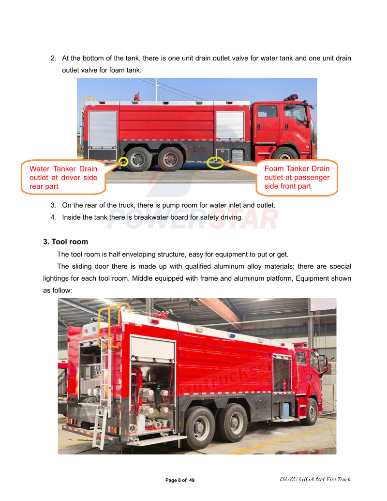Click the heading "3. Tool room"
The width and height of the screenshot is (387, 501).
tap(66, 242)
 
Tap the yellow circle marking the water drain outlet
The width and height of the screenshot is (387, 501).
tap(124, 162)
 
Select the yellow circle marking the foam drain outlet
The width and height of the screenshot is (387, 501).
tap(215, 163)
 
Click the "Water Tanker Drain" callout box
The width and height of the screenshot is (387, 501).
tap(63, 177)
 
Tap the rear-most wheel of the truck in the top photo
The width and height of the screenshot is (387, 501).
tap(140, 159)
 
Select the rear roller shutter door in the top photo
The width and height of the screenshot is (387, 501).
tap(103, 129)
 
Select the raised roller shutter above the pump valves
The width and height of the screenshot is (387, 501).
tap(152, 349)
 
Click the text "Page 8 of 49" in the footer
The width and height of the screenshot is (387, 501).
tap(180, 480)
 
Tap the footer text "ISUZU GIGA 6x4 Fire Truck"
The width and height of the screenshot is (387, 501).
tap(314, 479)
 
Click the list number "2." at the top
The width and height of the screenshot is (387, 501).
tap(54, 58)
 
